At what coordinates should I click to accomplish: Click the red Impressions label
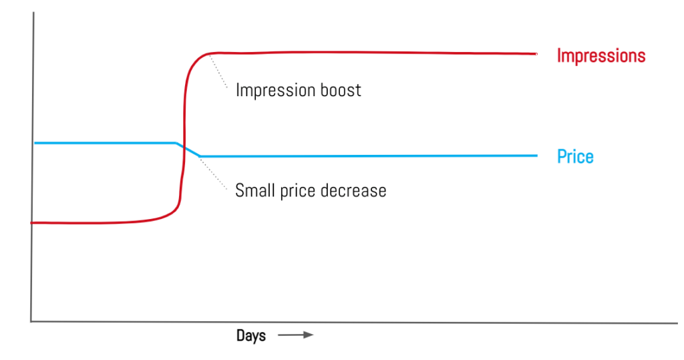601,56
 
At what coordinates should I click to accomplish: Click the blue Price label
575,156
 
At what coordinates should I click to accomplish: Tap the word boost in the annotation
341,90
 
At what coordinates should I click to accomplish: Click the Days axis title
251,335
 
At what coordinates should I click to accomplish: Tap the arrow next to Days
296,335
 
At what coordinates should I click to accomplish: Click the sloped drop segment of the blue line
188,149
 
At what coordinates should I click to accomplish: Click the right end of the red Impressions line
536,53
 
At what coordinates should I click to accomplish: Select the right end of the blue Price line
536,156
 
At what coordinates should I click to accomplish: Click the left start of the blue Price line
35,143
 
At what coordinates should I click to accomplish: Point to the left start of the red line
31,223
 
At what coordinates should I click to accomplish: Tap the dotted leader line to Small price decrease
213,173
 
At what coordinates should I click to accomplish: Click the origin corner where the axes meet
31,322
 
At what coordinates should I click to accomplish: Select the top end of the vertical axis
33,13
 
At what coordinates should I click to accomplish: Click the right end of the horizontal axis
677,323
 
